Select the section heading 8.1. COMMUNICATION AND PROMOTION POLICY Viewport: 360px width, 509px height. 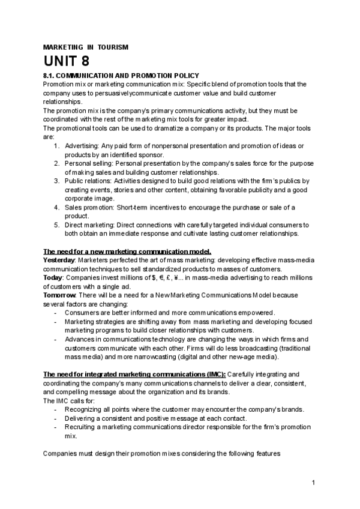[122, 76]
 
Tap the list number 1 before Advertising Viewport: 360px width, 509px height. [56, 146]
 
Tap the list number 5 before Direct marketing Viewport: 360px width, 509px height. [56, 225]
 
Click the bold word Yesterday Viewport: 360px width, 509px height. [59, 261]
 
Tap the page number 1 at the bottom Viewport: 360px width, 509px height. [314, 483]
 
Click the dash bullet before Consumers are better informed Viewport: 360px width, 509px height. [56, 313]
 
